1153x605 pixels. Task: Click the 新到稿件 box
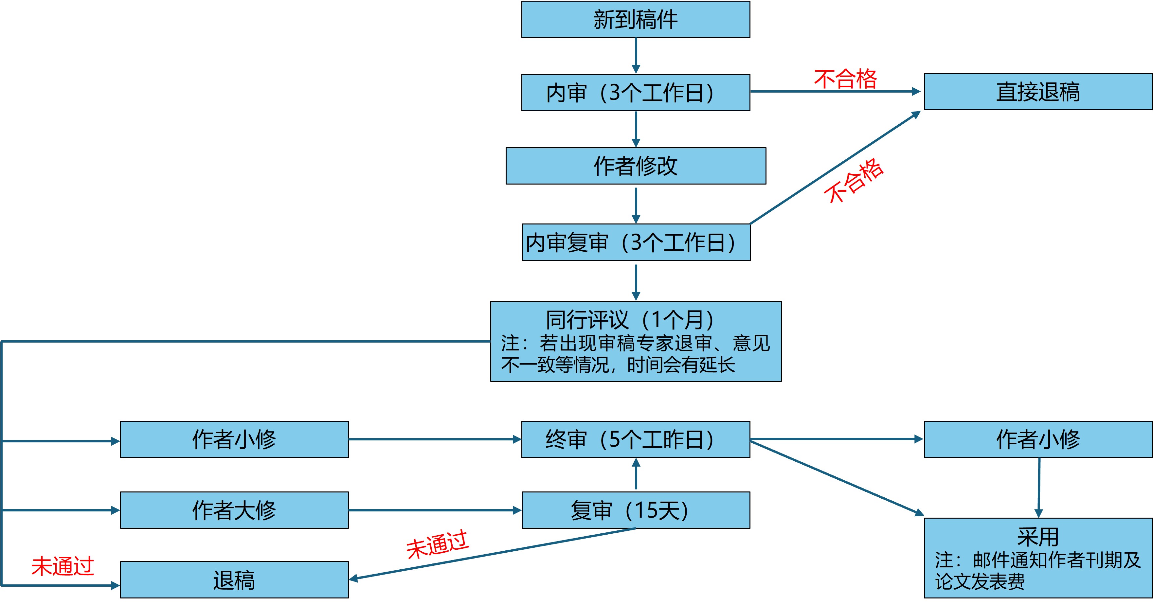(636, 20)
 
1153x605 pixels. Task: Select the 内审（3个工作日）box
(636, 93)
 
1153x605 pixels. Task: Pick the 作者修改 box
(636, 166)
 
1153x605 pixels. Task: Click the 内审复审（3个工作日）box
(636, 242)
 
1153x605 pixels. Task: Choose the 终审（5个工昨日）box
(636, 439)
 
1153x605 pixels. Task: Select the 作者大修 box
(234, 510)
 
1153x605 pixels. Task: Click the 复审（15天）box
(636, 510)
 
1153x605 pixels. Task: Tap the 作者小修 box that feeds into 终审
(234, 439)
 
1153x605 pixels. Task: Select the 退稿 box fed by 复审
(234, 580)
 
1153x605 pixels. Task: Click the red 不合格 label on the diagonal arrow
(854, 181)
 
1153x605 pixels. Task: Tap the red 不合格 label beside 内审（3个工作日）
(845, 79)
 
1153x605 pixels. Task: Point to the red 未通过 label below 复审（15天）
(437, 544)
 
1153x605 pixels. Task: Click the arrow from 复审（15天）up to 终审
(636, 475)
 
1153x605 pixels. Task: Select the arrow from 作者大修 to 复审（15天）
(434, 510)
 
